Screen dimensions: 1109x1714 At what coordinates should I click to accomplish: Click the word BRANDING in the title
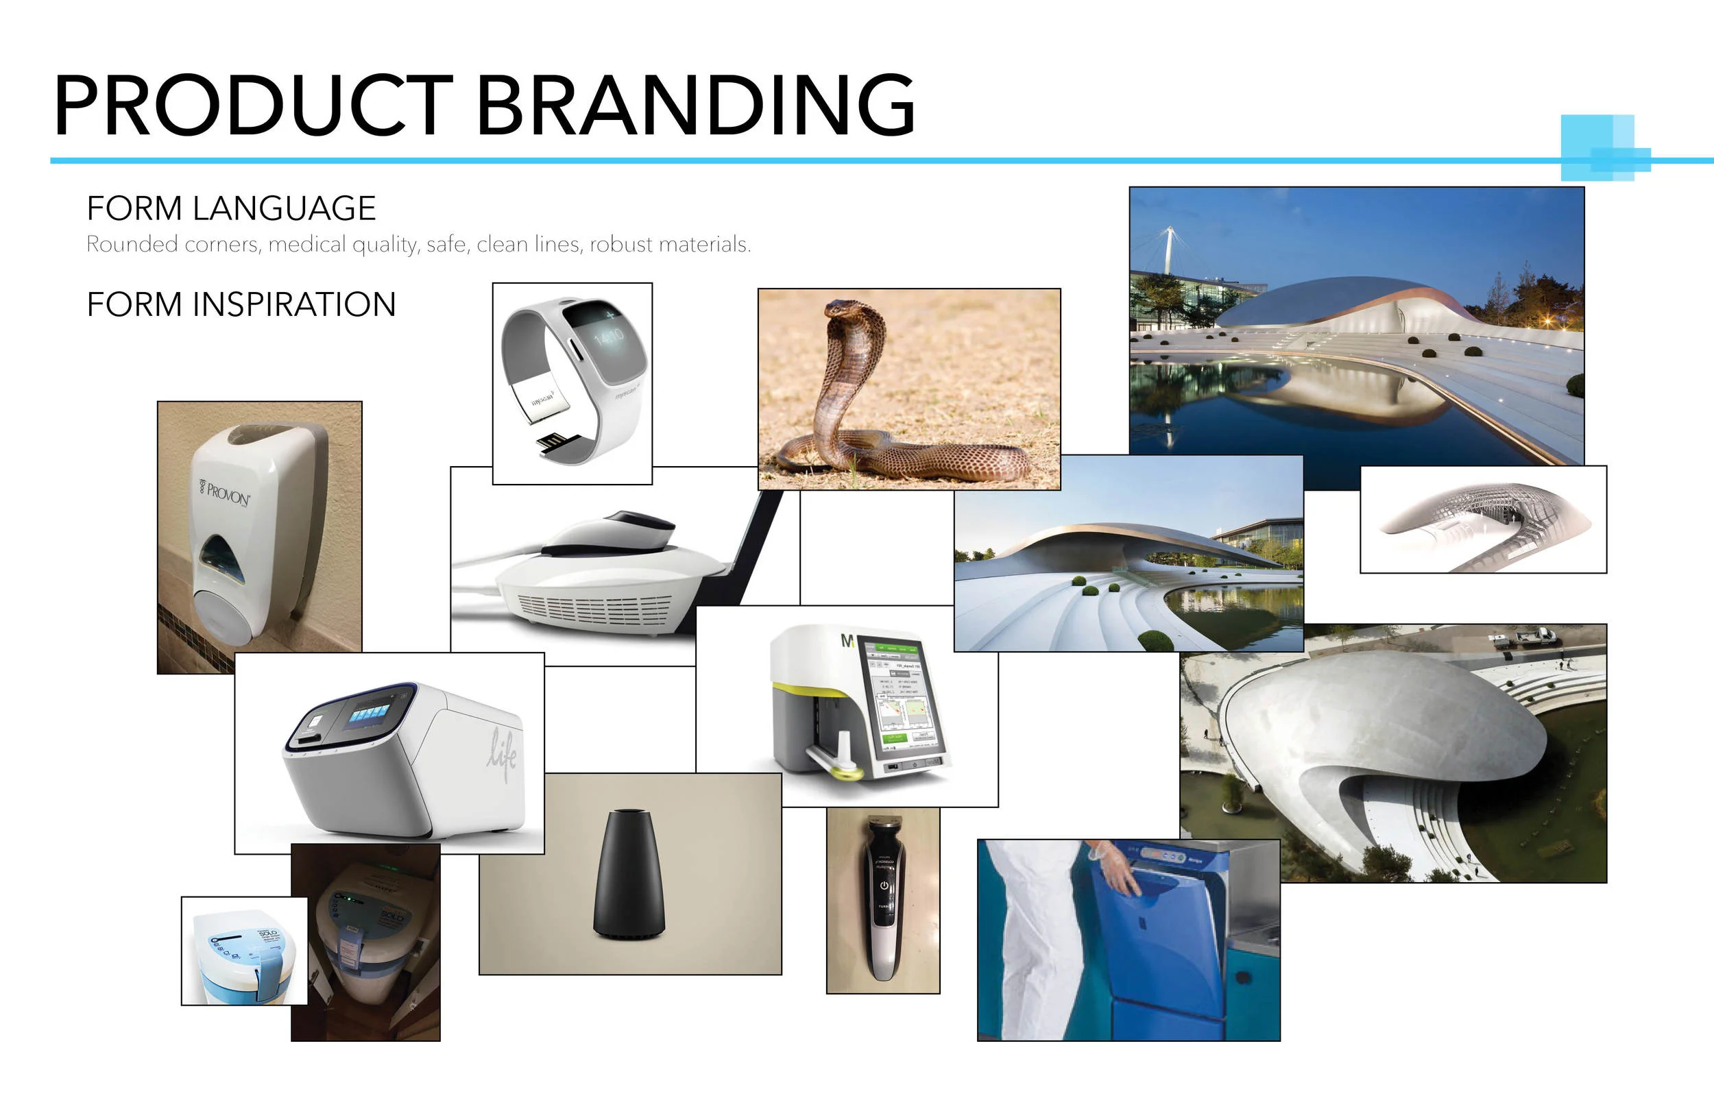click(x=696, y=105)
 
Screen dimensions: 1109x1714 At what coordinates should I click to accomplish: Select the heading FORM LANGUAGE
click(x=231, y=209)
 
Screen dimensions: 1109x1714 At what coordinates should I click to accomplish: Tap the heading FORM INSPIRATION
click(x=241, y=304)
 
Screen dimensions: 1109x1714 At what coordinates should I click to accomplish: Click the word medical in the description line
click(x=306, y=245)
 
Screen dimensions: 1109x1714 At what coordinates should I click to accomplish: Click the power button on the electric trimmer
click(x=884, y=886)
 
